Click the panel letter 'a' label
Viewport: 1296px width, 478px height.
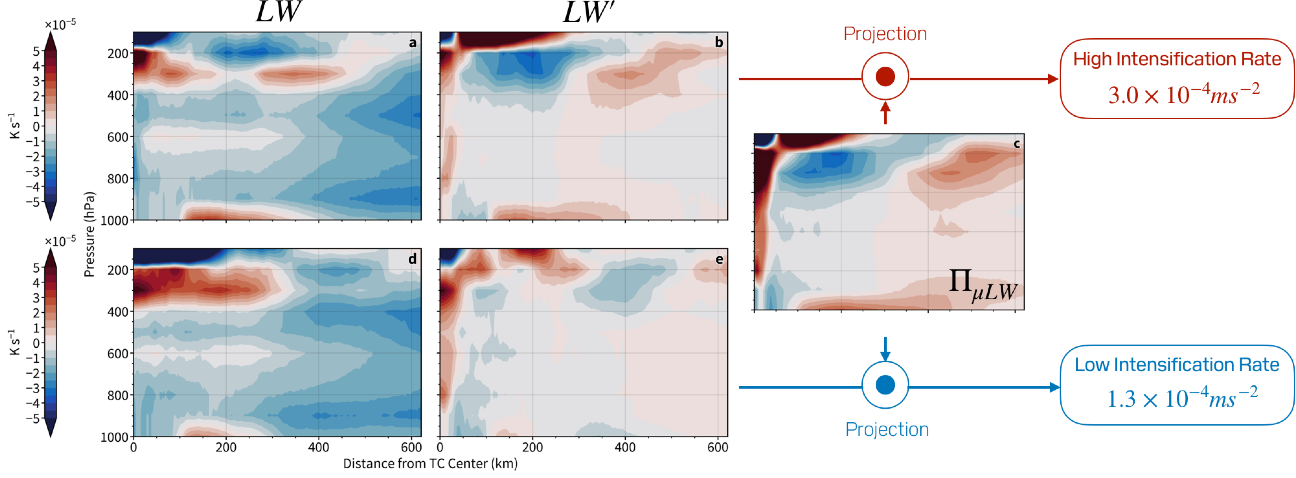[x=413, y=43]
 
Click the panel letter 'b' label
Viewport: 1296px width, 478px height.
[x=719, y=43]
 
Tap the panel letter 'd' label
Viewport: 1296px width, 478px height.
[x=413, y=259]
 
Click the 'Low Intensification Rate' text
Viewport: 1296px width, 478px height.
[x=1177, y=365]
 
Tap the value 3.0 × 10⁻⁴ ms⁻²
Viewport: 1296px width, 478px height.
[x=1183, y=94]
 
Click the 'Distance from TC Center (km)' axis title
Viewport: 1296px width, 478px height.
[x=430, y=463]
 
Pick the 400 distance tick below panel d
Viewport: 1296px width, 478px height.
[x=318, y=447]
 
